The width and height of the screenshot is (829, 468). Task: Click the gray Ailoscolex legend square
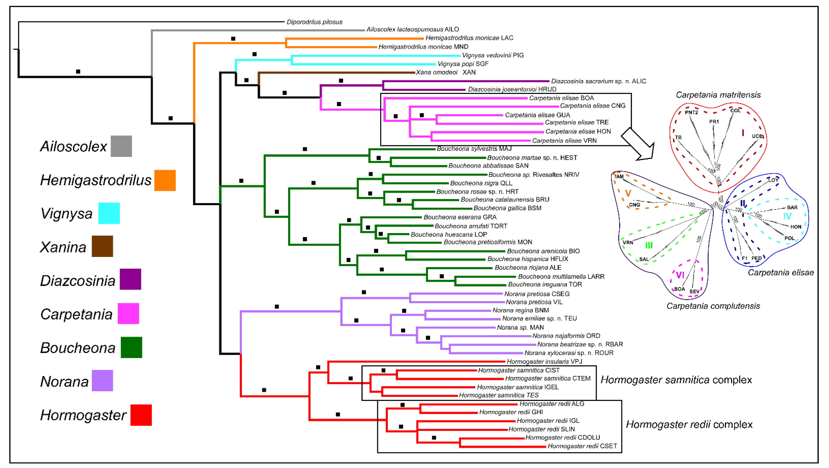(121, 146)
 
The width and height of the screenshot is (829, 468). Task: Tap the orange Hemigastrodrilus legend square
(165, 180)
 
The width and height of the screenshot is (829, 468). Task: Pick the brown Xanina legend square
(102, 246)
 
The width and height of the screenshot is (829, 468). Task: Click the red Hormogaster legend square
(141, 415)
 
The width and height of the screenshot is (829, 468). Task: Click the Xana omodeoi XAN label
(445, 72)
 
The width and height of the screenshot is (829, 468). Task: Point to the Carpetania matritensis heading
(718, 95)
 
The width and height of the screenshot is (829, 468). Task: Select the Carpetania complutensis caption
(713, 306)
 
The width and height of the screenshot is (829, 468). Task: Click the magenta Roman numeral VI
(680, 275)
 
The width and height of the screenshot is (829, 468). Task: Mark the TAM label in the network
(619, 176)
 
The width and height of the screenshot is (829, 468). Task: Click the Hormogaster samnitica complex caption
(676, 380)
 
